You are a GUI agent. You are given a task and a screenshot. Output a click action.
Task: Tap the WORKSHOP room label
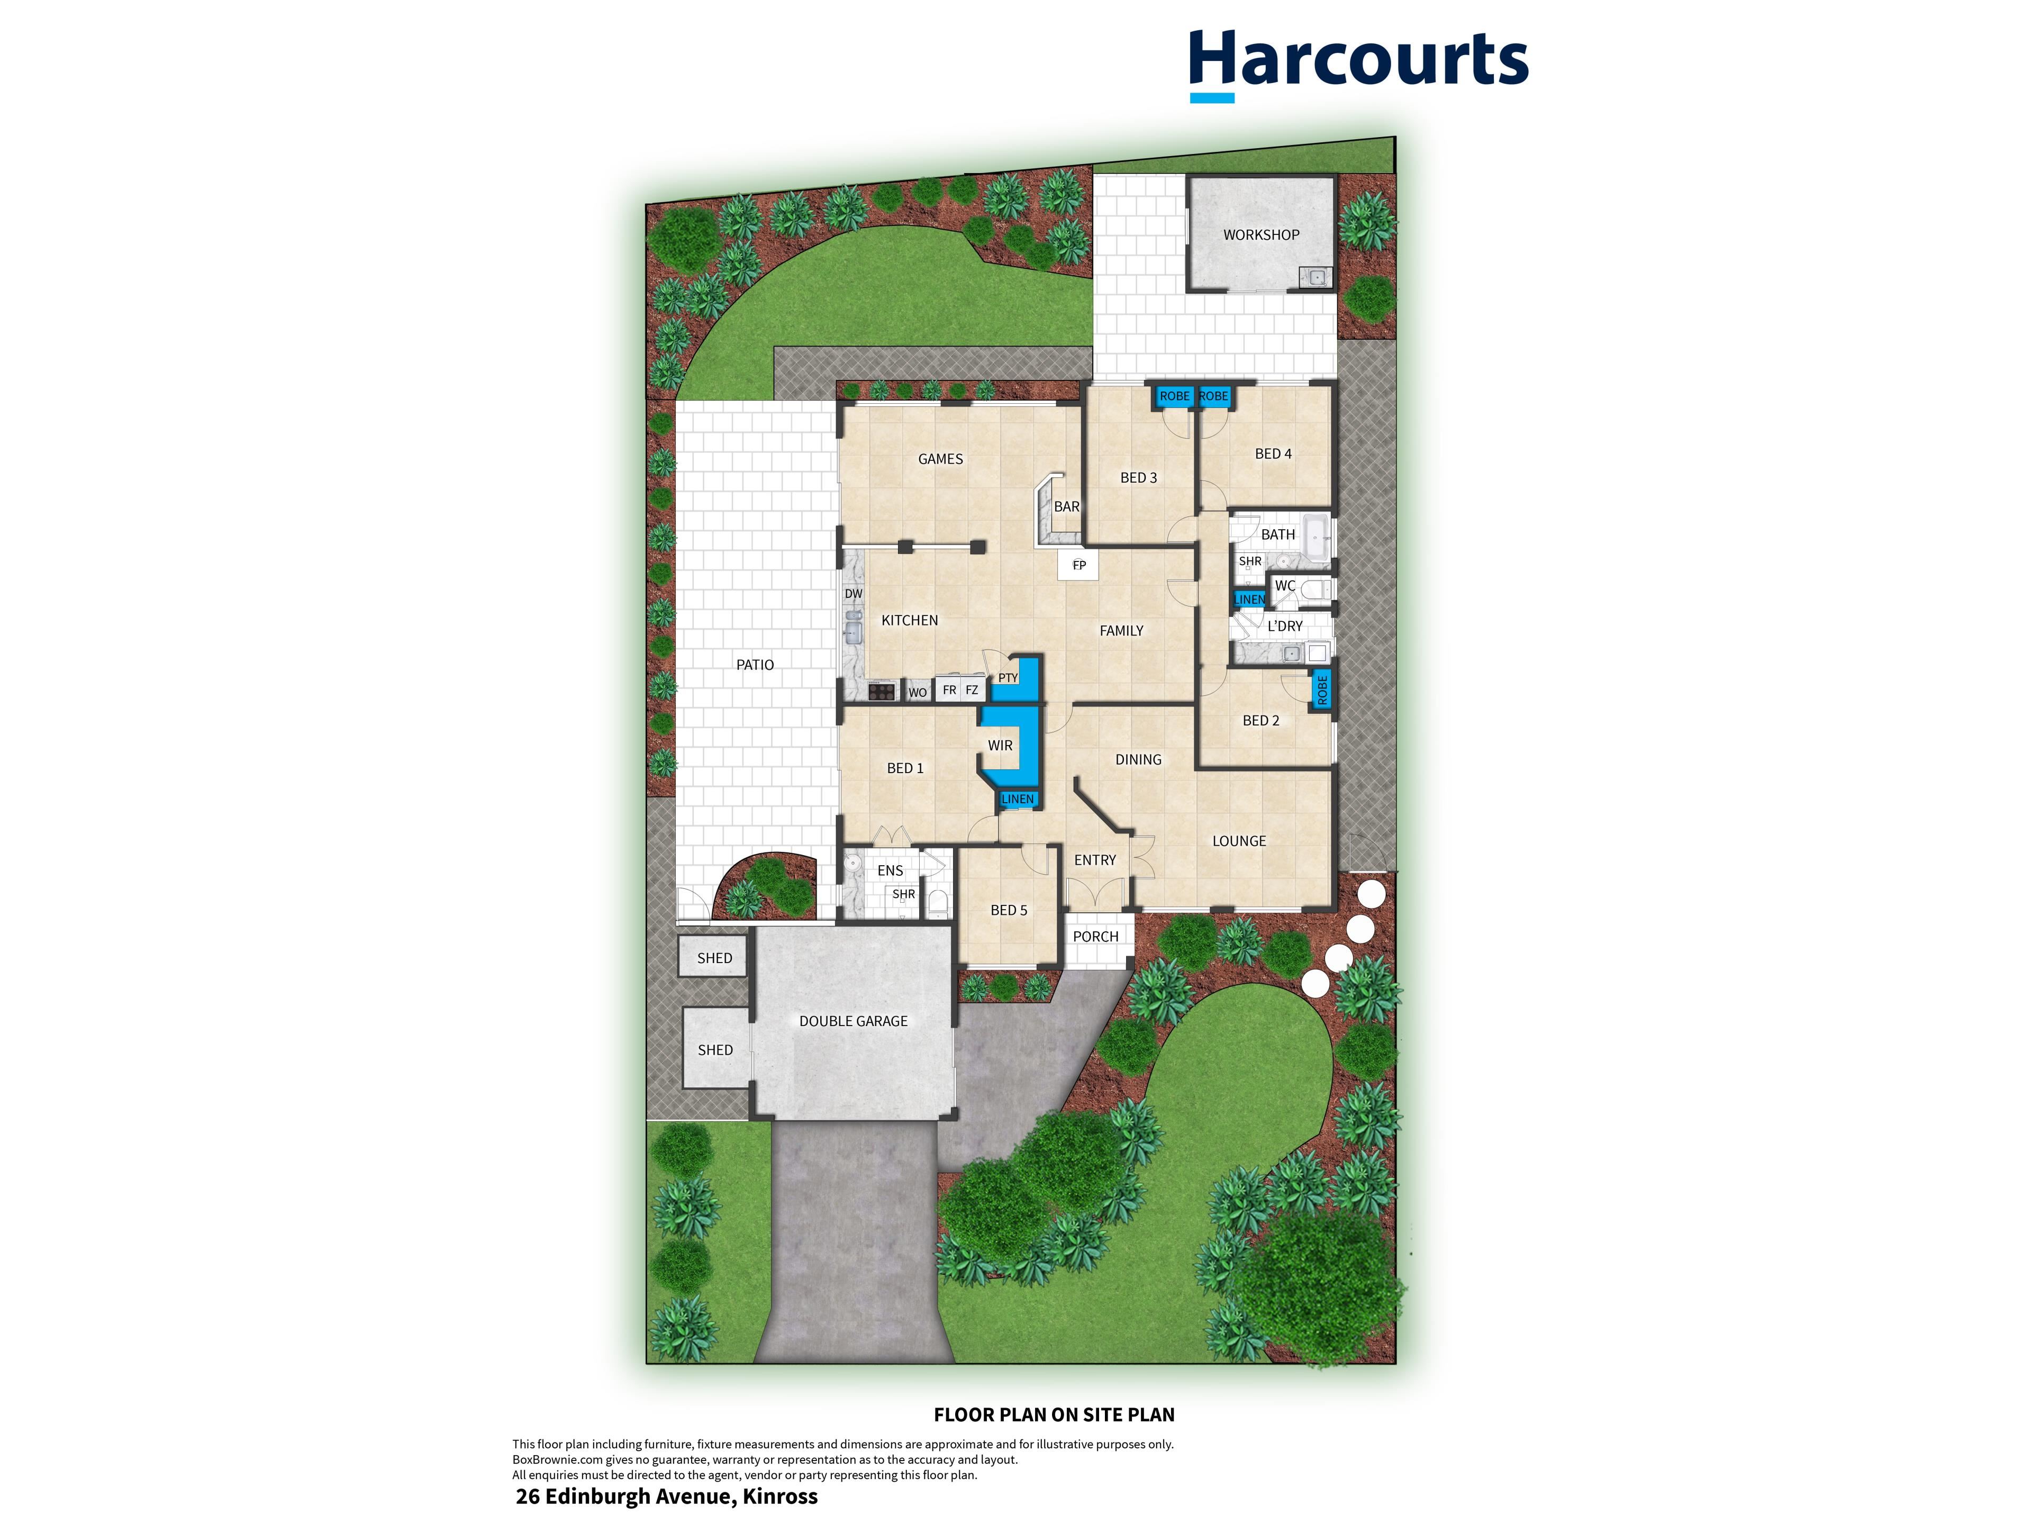click(x=1262, y=235)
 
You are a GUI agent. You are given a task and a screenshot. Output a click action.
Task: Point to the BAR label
click(x=1066, y=506)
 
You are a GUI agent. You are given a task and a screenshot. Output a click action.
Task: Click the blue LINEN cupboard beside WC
click(x=1249, y=599)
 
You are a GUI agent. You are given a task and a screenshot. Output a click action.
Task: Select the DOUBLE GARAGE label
click(x=854, y=1021)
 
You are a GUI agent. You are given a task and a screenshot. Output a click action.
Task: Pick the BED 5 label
click(x=1009, y=910)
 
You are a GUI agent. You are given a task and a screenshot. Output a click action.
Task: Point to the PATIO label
click(x=755, y=665)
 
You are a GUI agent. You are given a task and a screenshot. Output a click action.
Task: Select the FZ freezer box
click(x=972, y=690)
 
